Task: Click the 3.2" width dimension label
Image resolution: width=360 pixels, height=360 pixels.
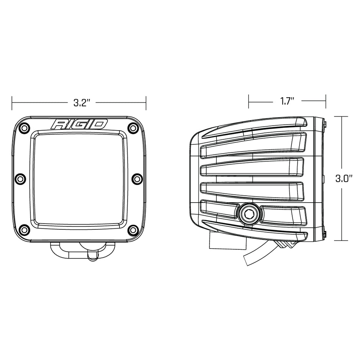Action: [81, 102]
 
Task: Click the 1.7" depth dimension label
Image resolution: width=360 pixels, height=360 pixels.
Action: [287, 101]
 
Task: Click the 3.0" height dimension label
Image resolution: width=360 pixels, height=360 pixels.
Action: [344, 178]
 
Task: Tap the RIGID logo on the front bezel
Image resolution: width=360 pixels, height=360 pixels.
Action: [80, 124]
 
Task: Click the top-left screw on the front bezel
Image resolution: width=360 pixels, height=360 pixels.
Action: [24, 128]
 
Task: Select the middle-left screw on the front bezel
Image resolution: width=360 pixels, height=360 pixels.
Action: [21, 178]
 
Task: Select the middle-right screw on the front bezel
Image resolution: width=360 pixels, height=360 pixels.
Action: [136, 178]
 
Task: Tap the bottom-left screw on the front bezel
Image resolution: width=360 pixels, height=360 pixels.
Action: [24, 230]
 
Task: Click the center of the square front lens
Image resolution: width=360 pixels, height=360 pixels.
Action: [79, 178]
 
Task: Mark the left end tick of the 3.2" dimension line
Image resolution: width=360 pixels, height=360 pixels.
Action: [12, 102]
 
